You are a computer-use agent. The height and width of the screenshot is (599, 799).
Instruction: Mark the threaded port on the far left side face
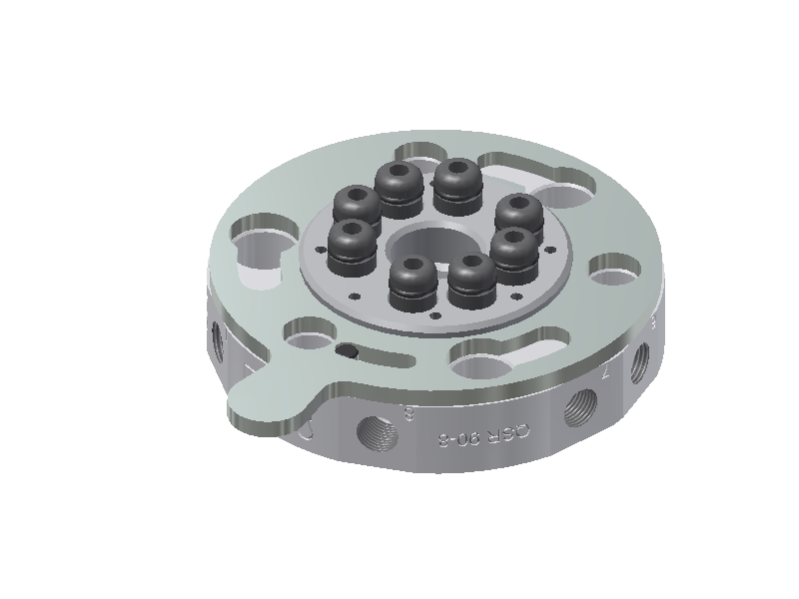click(x=216, y=339)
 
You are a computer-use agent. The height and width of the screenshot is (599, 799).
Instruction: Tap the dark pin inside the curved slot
click(x=348, y=350)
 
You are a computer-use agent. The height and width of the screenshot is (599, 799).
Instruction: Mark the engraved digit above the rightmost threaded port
click(x=652, y=322)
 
